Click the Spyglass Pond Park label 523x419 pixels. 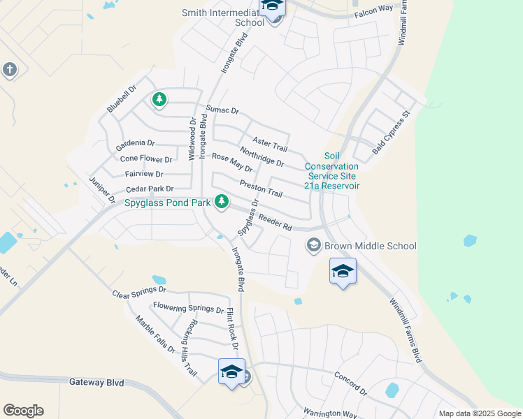tap(168, 203)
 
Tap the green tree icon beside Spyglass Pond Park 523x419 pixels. tap(222, 202)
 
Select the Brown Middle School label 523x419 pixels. tap(370, 246)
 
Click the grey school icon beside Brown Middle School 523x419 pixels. tap(313, 245)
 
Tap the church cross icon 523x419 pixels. tap(9, 69)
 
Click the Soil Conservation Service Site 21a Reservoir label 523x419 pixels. tap(331, 171)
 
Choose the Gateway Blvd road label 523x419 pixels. tap(96, 383)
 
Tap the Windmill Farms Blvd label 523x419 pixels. tap(405, 328)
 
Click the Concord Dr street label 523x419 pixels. tap(350, 383)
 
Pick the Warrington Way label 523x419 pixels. tap(329, 413)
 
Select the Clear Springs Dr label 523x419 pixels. tap(139, 289)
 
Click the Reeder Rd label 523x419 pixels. tap(275, 222)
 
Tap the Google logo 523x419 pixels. tap(23, 411)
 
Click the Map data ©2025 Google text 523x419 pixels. tap(479, 413)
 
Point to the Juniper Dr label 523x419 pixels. tap(102, 189)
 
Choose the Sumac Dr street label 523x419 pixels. tap(222, 110)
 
